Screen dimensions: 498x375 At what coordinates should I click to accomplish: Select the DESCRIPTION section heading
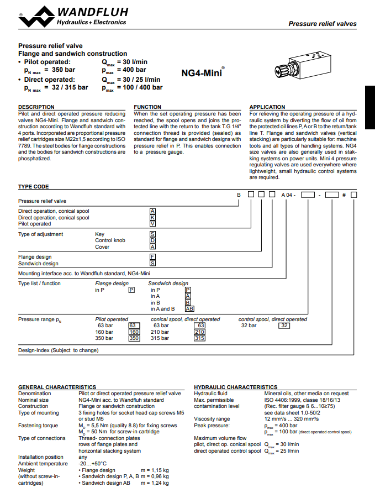click(36, 107)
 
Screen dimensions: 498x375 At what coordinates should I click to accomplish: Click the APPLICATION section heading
click(267, 107)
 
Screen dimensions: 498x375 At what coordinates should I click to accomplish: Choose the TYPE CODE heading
click(34, 187)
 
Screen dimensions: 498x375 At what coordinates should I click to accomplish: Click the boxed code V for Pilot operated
click(153, 224)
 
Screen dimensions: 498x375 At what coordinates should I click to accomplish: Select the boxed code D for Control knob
click(153, 240)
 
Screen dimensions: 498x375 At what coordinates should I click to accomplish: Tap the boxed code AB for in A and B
click(189, 309)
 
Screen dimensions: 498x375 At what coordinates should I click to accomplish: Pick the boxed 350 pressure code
click(134, 338)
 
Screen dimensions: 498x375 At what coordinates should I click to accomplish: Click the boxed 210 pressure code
click(199, 332)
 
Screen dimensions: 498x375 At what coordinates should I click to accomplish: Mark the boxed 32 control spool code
click(284, 326)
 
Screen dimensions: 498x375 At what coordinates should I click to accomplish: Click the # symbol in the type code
click(344, 195)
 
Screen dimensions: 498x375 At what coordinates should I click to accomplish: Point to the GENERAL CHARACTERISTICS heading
click(57, 387)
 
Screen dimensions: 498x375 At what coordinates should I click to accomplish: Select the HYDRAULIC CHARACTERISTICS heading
click(236, 387)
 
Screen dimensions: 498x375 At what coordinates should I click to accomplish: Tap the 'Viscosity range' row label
click(212, 419)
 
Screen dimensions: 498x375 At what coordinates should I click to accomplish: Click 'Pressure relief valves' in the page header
click(323, 24)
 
